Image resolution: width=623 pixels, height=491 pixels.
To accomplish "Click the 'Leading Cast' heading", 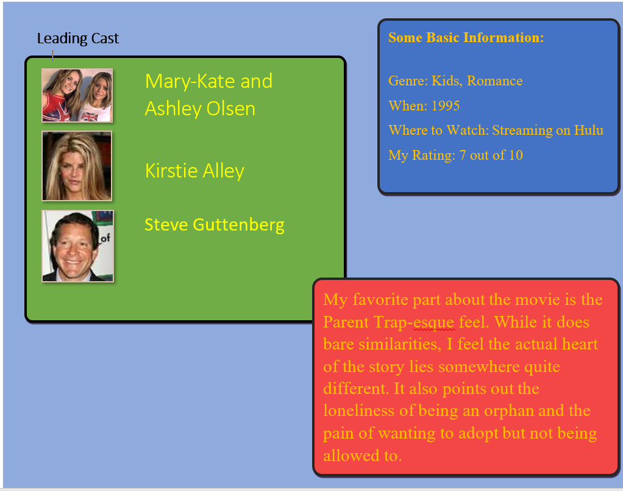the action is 78,38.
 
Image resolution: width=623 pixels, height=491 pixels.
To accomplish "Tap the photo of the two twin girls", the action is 77,95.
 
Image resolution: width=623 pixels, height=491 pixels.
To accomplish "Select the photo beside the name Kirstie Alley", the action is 77,166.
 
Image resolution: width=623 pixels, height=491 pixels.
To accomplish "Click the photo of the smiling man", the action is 78,246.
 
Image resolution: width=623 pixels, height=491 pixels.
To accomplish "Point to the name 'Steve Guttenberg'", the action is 215,225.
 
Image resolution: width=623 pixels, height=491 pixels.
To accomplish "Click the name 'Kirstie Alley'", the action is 194,171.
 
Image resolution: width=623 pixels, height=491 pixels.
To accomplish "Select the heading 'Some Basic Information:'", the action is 466,37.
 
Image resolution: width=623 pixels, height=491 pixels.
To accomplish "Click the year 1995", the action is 446,106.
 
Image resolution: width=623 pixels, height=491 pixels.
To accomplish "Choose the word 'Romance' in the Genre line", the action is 494,81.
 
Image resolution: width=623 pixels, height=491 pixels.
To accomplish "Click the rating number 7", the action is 463,155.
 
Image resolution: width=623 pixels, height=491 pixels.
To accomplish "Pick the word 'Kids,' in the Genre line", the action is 447,81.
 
